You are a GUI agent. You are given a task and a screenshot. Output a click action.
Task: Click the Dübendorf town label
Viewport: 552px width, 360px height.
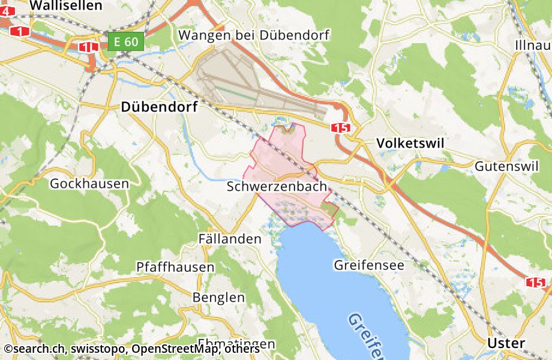click(160, 107)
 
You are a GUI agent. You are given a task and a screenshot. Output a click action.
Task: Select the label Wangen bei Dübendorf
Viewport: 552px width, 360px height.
click(254, 35)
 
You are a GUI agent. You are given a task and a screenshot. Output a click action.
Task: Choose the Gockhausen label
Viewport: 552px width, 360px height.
click(89, 184)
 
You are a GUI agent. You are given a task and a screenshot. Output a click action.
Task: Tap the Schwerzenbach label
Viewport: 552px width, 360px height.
click(277, 187)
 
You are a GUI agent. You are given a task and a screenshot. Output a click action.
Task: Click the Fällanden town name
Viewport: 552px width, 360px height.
click(230, 239)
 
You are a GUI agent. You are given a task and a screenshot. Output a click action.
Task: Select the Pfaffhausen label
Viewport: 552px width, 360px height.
click(175, 266)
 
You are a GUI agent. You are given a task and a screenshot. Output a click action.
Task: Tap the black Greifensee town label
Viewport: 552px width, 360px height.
click(369, 265)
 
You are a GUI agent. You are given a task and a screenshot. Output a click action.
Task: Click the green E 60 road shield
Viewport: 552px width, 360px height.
click(127, 41)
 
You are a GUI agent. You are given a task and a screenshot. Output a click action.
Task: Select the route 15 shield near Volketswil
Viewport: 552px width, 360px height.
click(340, 127)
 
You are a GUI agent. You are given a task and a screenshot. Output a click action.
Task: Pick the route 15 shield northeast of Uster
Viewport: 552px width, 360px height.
click(535, 281)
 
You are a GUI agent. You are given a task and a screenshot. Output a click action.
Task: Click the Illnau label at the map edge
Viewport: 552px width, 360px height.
click(533, 46)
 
